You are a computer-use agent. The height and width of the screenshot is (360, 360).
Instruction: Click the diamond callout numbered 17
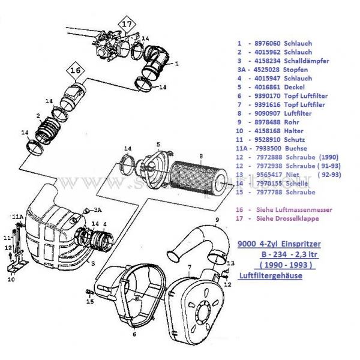(x=126, y=25)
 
